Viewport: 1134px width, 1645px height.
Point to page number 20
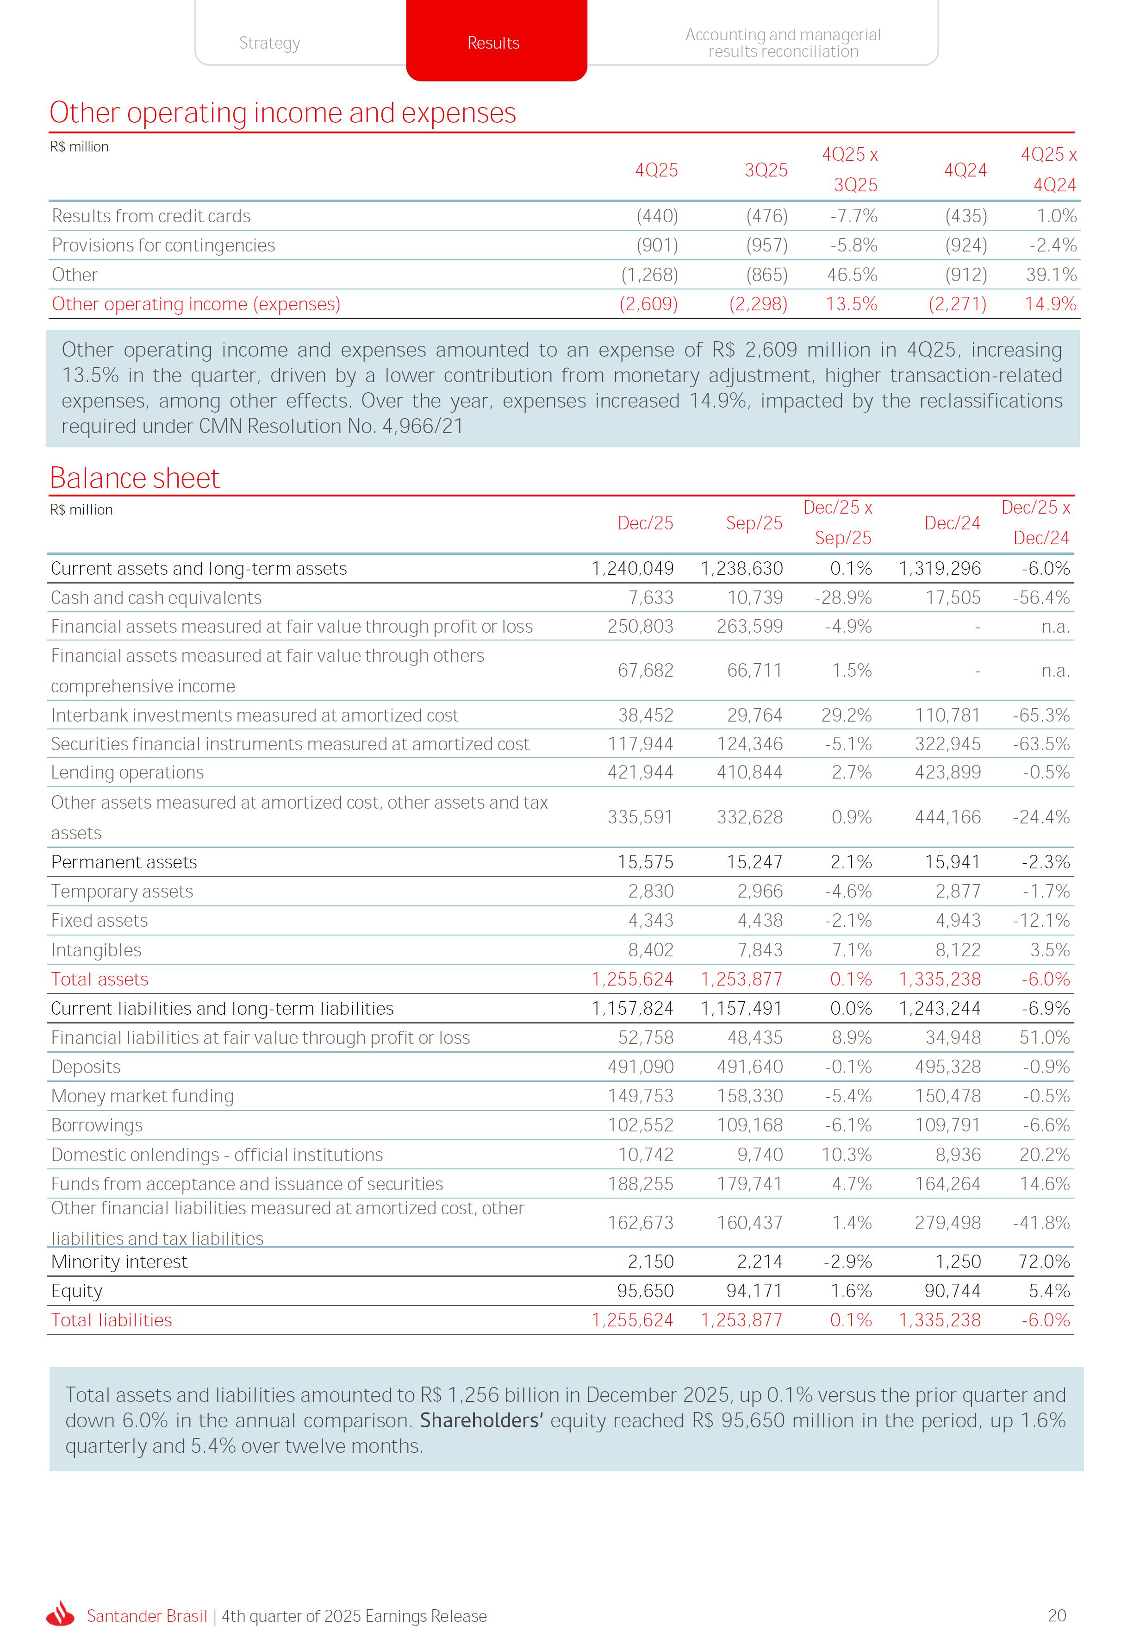[1057, 1615]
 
